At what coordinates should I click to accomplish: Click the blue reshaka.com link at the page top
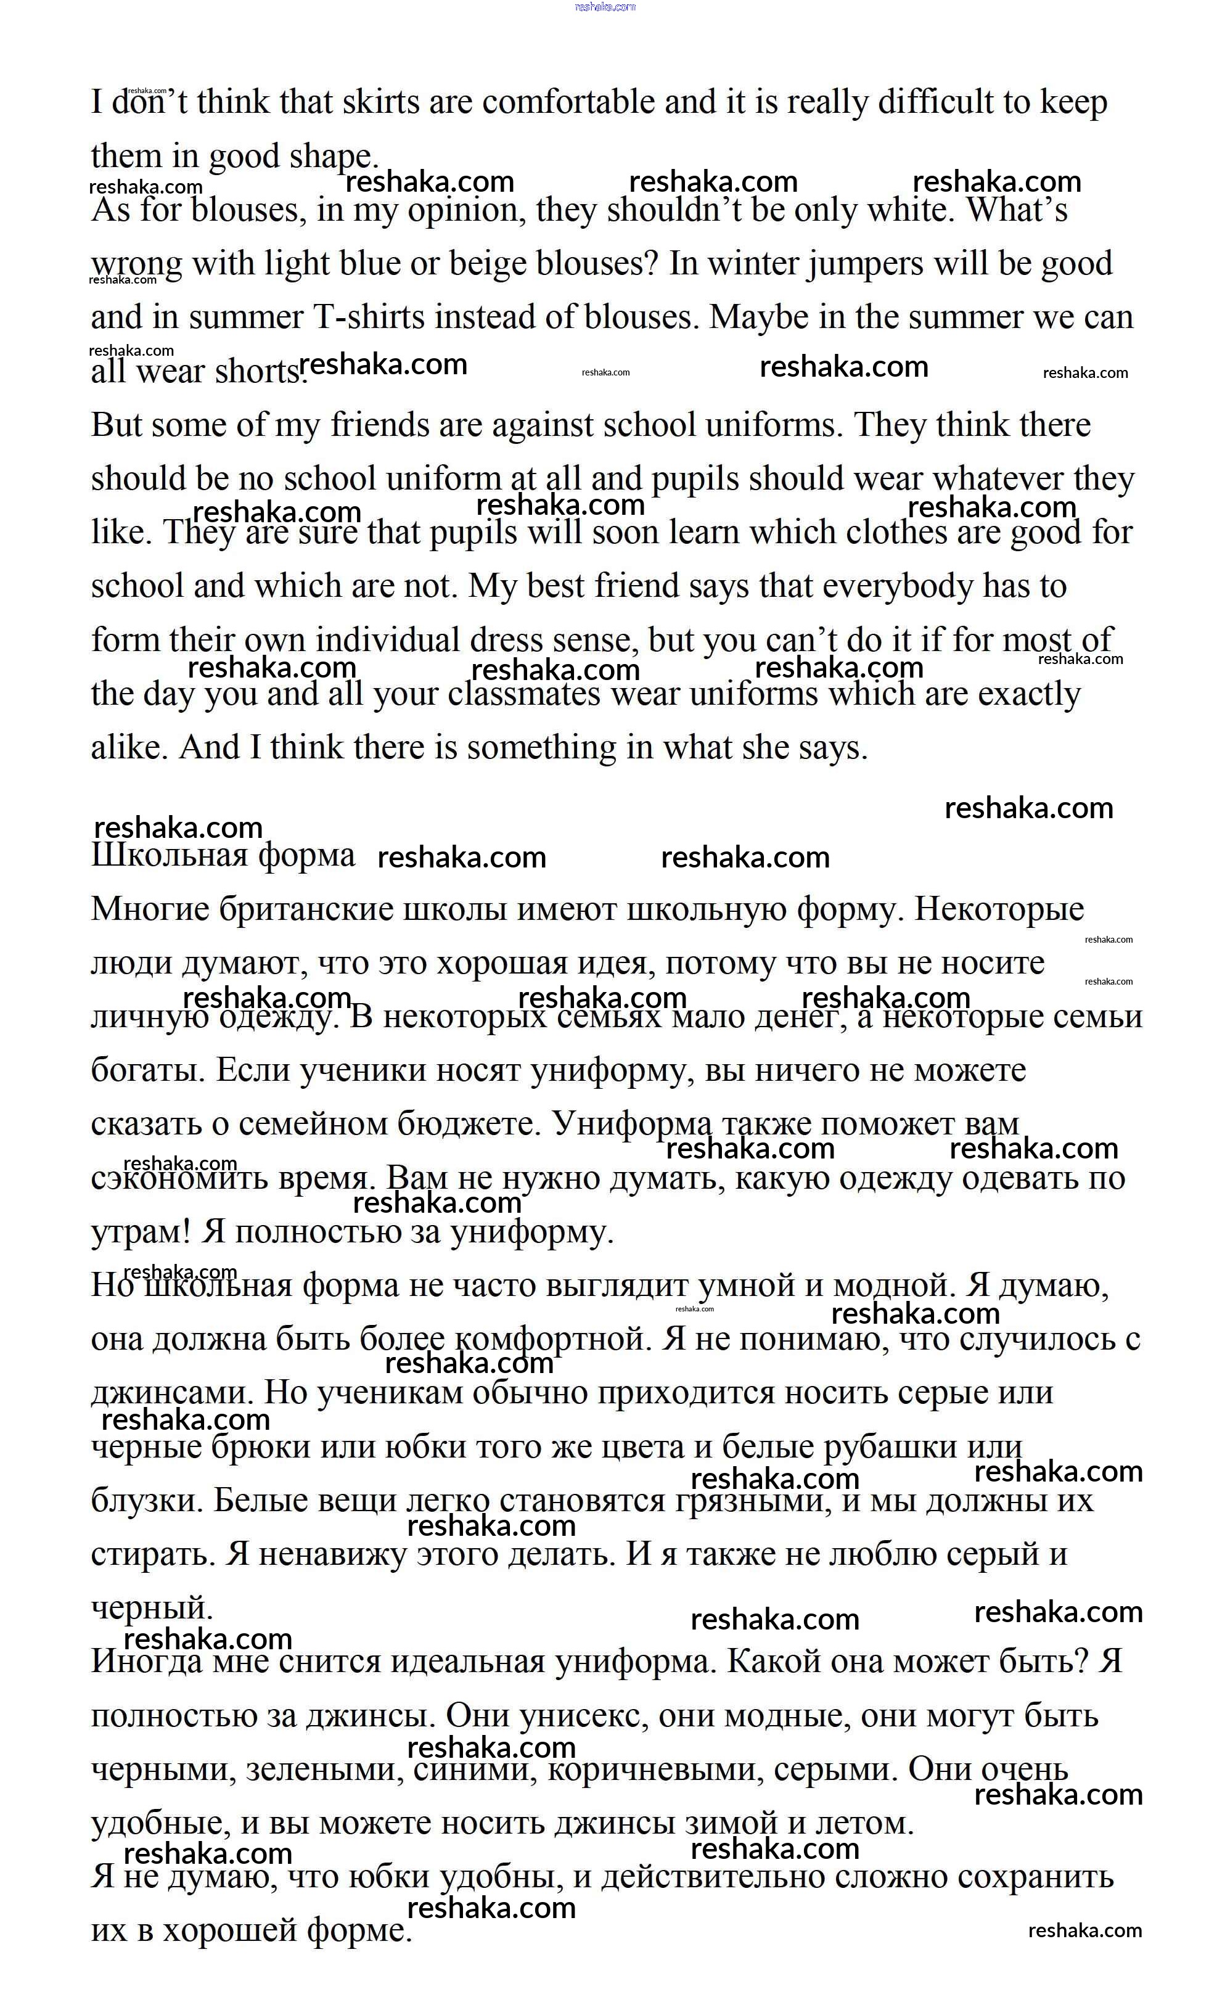604,7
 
